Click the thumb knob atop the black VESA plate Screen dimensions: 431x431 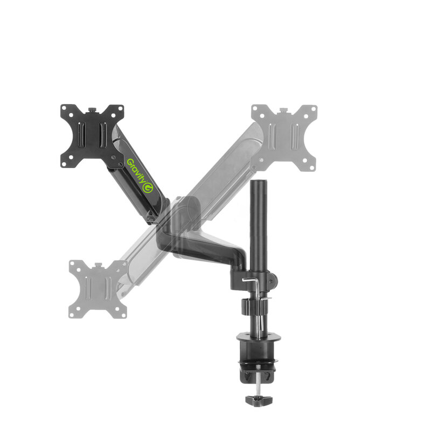pos(92,110)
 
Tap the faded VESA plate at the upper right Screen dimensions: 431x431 pos(284,137)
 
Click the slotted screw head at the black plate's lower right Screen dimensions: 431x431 pos(114,157)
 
